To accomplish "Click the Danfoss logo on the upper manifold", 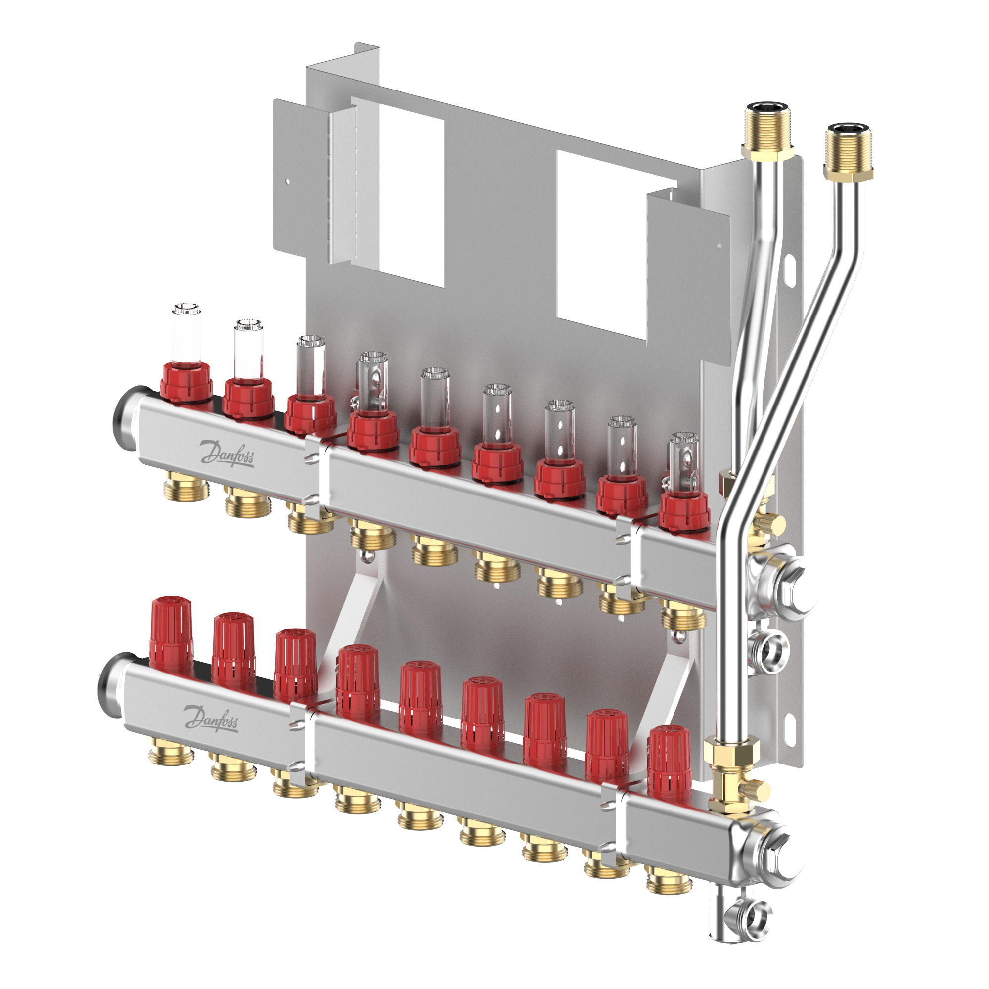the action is click(227, 453).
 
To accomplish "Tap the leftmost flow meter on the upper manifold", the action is click(186, 353).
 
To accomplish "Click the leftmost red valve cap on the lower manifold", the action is click(171, 634).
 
